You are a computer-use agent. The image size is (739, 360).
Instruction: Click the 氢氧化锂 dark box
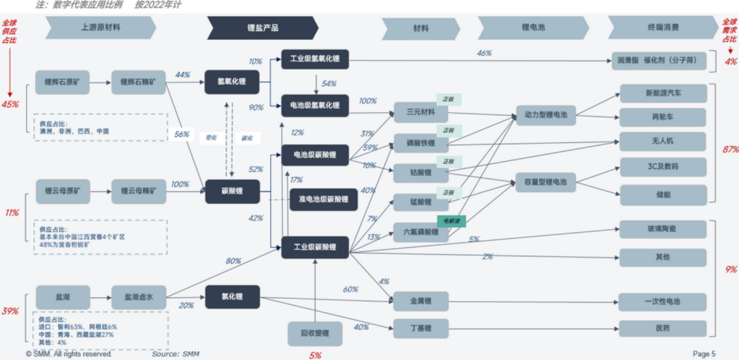point(233,83)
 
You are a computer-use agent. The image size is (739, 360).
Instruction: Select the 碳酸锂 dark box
point(233,192)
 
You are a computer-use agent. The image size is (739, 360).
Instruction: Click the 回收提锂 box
point(315,333)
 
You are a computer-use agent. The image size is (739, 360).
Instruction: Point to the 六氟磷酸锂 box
point(420,232)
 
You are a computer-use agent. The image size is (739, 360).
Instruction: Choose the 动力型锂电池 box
point(545,114)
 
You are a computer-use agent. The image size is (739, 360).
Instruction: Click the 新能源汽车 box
point(662,93)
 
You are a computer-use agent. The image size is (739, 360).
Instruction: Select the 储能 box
point(662,194)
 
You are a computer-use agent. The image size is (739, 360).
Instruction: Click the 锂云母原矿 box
point(63,192)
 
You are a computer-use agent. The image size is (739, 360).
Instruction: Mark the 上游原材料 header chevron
point(101,28)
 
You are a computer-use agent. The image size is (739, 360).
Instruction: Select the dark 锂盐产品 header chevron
point(263,28)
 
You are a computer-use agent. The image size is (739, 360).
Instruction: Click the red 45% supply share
point(10,105)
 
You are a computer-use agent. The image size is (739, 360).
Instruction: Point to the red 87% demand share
point(729,150)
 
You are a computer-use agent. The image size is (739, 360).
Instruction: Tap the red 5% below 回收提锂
point(315,355)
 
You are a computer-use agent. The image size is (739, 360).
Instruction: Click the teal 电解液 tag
point(452,221)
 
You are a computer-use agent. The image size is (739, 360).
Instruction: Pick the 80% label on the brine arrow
point(233,261)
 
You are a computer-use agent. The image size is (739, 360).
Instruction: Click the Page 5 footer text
point(704,354)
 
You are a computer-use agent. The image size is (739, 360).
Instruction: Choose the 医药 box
point(662,329)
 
